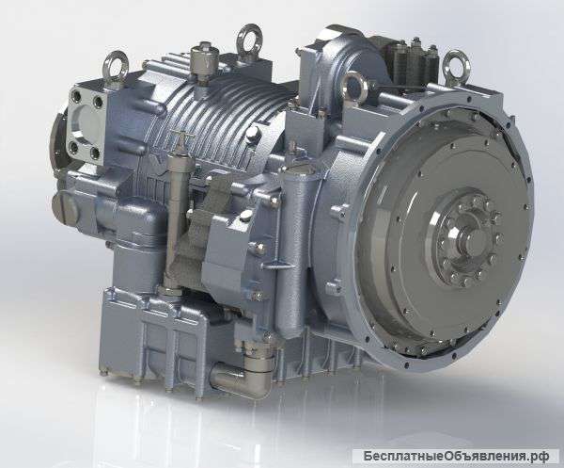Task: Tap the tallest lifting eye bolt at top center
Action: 249,35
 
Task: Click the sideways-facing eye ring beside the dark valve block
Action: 355,87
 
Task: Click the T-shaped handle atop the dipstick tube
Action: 182,136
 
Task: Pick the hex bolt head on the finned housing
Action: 253,134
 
